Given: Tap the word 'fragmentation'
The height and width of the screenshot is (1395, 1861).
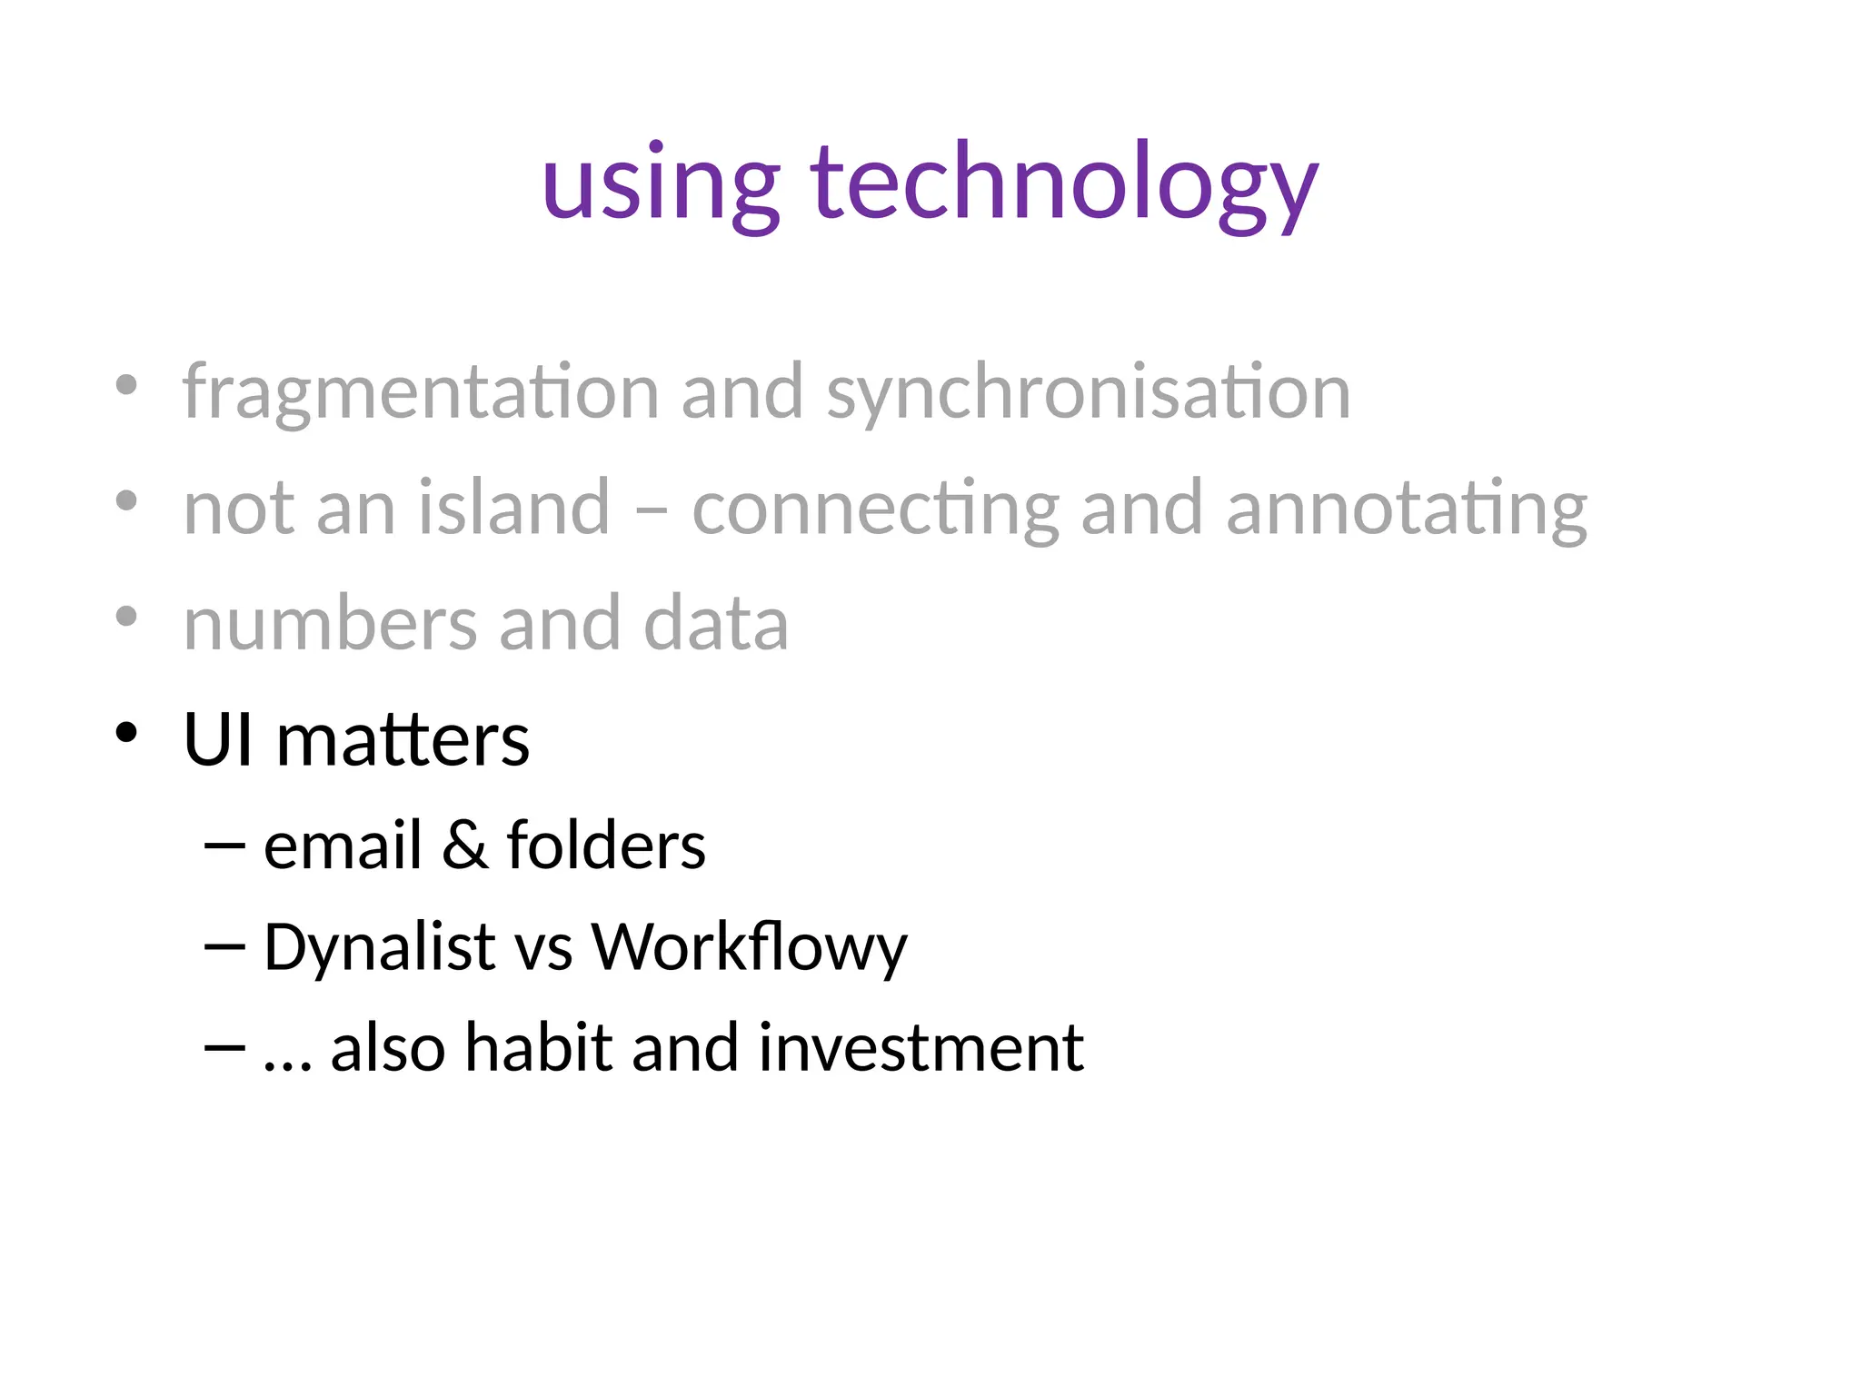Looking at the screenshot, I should (421, 393).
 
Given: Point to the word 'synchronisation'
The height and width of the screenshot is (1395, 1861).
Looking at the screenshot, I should (1088, 393).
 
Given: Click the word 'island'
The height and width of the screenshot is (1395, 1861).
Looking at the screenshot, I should (513, 508).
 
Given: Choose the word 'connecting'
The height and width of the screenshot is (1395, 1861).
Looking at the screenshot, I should (875, 510).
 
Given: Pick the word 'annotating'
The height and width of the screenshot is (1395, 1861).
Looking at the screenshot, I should (1406, 510).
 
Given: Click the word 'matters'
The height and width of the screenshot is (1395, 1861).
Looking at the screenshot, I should (403, 740).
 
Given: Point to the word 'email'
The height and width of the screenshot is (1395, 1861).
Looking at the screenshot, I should (343, 846).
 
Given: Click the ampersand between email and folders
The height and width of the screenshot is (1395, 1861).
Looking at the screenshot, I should (464, 846).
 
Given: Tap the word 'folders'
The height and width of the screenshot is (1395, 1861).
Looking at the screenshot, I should (606, 846).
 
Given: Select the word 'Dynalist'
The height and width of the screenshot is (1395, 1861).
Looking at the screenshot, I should (379, 947).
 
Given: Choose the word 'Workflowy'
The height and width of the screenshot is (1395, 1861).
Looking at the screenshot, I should (749, 947).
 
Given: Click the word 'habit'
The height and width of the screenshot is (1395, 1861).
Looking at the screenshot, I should (537, 1047).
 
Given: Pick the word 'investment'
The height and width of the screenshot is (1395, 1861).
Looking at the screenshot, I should (921, 1047).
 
